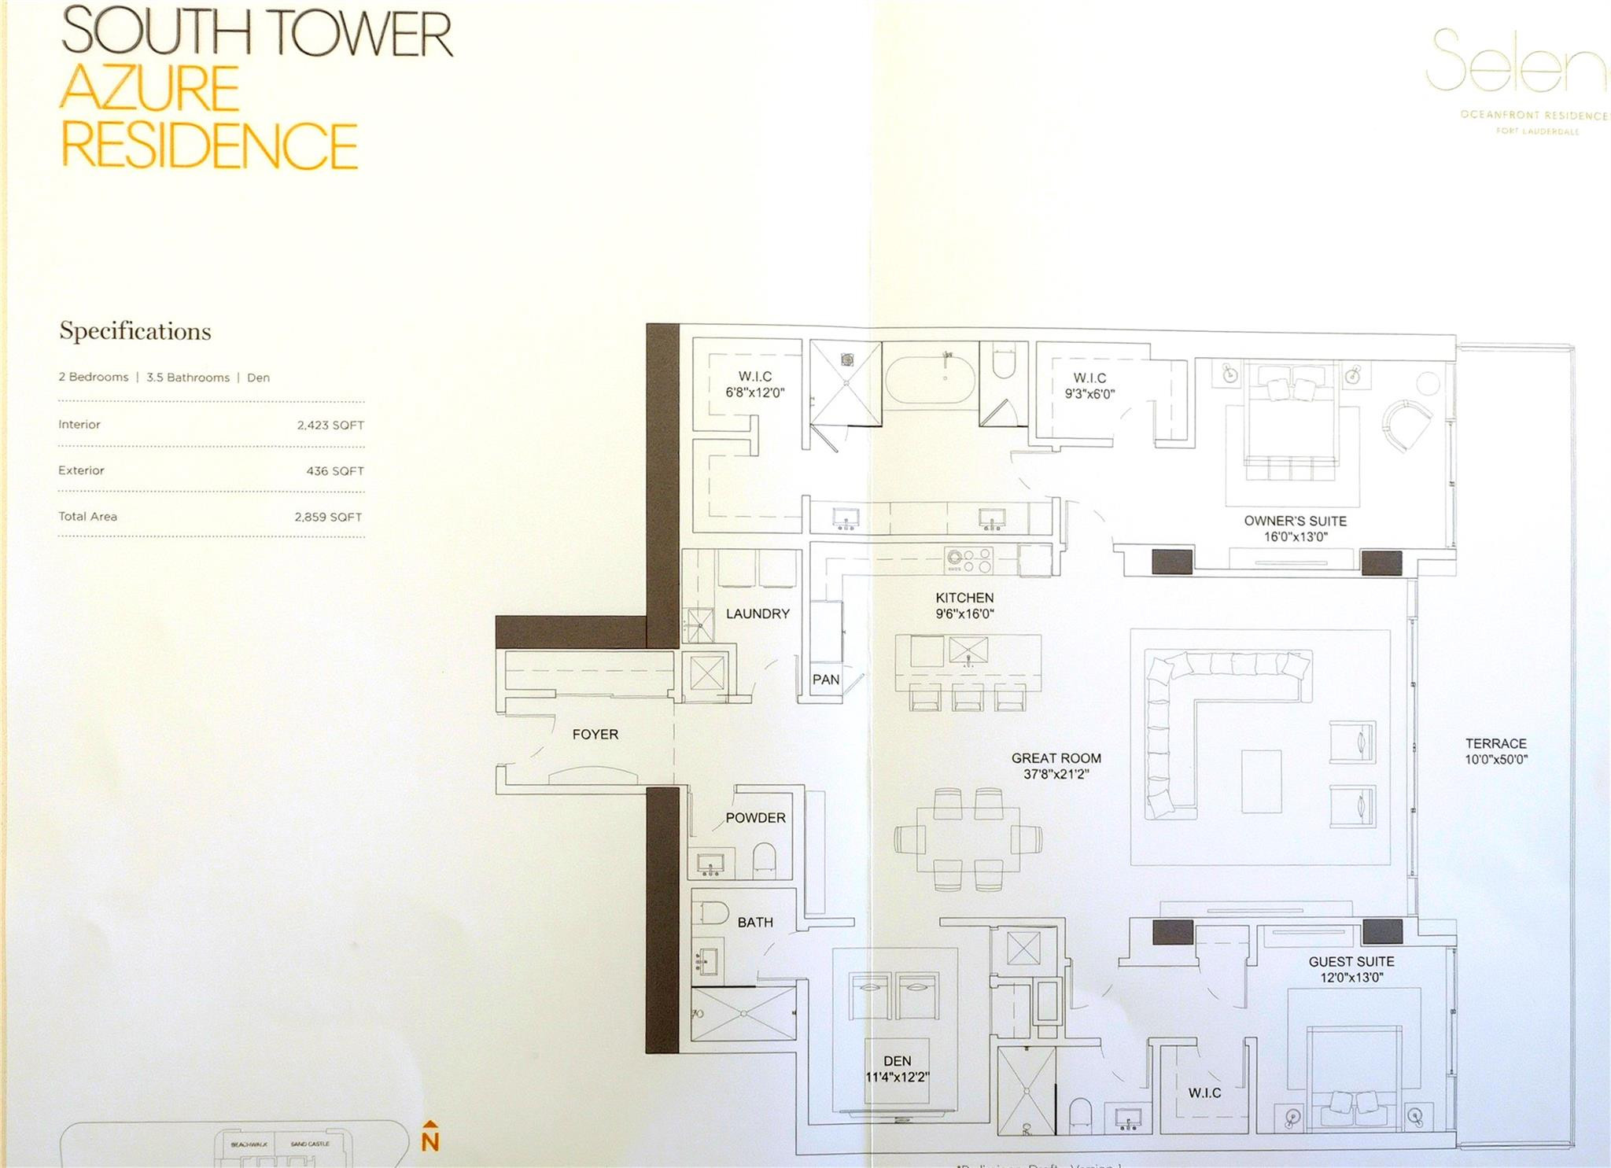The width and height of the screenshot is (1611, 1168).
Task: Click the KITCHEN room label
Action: pos(964,598)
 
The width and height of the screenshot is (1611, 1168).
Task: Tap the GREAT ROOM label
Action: pos(1056,758)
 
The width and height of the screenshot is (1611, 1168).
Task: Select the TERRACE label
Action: pos(1495,743)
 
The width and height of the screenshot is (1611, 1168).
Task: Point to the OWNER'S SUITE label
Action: pos(1295,521)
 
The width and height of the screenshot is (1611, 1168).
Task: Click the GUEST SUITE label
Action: pos(1351,961)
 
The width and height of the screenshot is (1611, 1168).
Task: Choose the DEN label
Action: pos(897,1061)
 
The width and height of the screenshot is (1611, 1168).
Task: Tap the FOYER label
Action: pos(595,734)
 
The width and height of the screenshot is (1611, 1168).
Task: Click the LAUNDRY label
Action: pos(758,613)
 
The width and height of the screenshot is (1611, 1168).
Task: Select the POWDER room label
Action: pos(755,818)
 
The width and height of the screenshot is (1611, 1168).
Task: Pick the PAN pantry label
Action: pos(825,680)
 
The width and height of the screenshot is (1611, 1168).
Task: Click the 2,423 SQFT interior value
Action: pos(330,425)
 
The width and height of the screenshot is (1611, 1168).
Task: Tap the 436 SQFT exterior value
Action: pos(335,471)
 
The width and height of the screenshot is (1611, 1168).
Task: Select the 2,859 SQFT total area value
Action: pos(328,517)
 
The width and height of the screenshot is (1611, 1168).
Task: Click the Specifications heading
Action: pos(135,331)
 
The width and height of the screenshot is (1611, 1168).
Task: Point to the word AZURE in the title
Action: pos(149,88)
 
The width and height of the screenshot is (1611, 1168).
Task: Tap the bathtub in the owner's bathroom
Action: pos(930,380)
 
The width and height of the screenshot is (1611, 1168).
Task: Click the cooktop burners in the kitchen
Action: pos(969,560)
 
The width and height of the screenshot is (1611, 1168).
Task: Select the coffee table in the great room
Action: pos(1261,780)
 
